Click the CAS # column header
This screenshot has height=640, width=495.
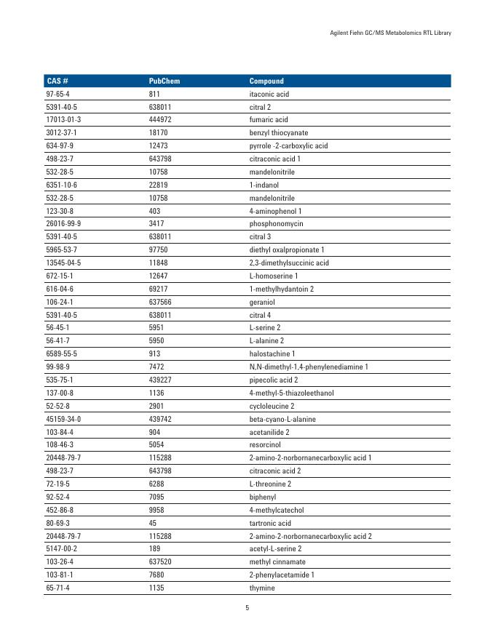(57, 81)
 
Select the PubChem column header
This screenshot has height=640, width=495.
(164, 81)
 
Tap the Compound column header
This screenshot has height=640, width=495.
(266, 81)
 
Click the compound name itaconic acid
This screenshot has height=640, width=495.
(269, 94)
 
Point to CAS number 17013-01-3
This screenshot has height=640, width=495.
(63, 120)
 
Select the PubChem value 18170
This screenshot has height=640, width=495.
(158, 133)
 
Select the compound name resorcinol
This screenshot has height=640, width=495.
(266, 445)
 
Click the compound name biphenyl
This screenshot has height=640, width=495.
(263, 497)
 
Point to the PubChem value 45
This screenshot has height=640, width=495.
(153, 523)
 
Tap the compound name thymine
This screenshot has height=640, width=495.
(262, 588)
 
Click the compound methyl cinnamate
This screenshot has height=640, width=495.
(277, 561)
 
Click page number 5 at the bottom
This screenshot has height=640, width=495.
(247, 608)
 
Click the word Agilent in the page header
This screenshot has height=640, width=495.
(341, 32)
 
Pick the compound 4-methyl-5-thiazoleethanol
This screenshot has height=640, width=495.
(291, 393)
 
